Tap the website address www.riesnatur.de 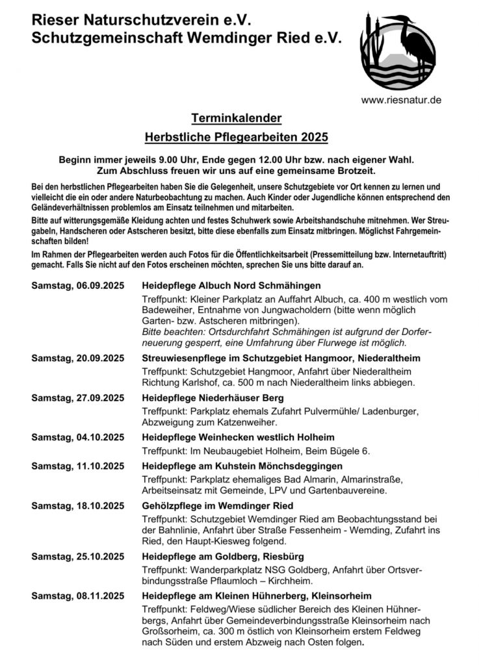[x=402, y=100]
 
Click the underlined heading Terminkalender [x=237, y=118]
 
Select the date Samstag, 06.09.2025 [x=77, y=286]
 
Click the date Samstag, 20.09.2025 [x=77, y=358]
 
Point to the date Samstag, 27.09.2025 [x=77, y=397]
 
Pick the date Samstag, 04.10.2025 [x=77, y=437]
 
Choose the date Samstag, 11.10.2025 [x=77, y=466]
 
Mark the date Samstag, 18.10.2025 [x=77, y=505]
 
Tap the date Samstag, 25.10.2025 [x=77, y=557]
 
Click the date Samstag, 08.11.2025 [x=77, y=596]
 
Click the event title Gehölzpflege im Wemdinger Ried [x=217, y=505]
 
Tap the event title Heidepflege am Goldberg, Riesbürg [x=223, y=557]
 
